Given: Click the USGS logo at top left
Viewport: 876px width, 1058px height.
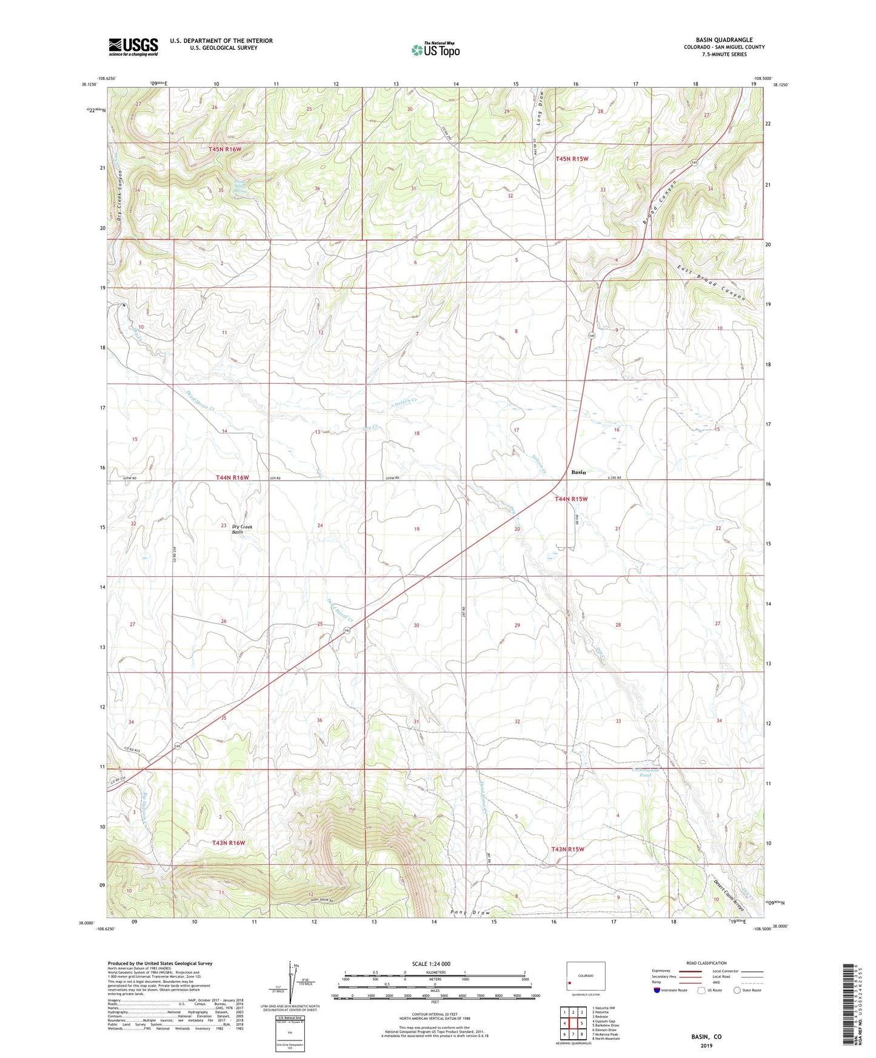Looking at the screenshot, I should pyautogui.click(x=133, y=47).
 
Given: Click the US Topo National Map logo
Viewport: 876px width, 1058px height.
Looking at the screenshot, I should pyautogui.click(x=435, y=50).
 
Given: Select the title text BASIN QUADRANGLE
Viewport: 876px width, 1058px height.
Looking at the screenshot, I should pyautogui.click(x=724, y=40).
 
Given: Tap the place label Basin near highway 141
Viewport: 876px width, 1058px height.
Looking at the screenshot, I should pyautogui.click(x=578, y=472).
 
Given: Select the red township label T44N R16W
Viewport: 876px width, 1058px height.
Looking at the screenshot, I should pyautogui.click(x=232, y=478).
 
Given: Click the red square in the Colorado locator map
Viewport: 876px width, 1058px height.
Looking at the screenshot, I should pyautogui.click(x=570, y=983).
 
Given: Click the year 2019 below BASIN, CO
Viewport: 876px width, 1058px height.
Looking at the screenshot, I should pyautogui.click(x=706, y=1046).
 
